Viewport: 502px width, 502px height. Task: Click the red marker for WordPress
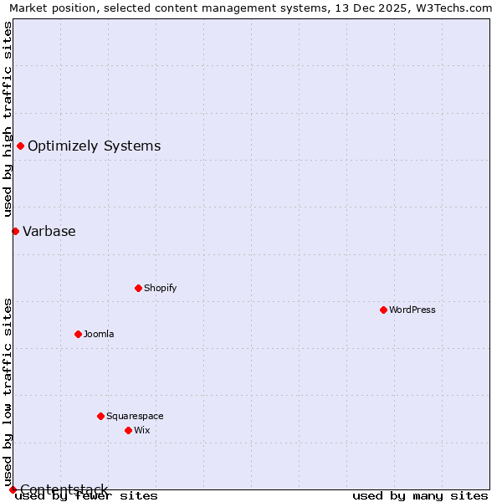[x=383, y=310]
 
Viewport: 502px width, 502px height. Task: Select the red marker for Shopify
[x=138, y=288]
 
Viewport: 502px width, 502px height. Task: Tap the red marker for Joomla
[x=78, y=334]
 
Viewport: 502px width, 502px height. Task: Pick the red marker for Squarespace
[x=100, y=416]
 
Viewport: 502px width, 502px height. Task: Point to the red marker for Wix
[x=128, y=430]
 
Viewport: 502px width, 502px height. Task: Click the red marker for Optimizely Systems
[x=20, y=146]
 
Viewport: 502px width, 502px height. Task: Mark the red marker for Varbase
[x=15, y=231]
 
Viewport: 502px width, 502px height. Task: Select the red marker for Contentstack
[x=13, y=489]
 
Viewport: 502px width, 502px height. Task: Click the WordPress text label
[x=412, y=310]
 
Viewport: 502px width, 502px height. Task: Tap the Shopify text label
[x=161, y=288]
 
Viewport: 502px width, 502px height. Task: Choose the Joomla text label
[x=99, y=334]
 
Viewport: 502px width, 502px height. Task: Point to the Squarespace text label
[x=135, y=416]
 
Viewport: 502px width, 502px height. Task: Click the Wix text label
[x=142, y=430]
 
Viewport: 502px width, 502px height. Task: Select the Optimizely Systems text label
[x=94, y=146]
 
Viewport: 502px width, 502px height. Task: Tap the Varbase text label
[x=49, y=231]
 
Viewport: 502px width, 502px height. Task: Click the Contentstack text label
[x=64, y=489]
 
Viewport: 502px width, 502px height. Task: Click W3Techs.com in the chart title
[x=453, y=8]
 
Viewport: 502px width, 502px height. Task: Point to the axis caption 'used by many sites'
[x=420, y=495]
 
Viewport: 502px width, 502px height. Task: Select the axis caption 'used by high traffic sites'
[x=8, y=119]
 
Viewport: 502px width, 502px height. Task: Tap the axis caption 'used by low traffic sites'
[x=8, y=392]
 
